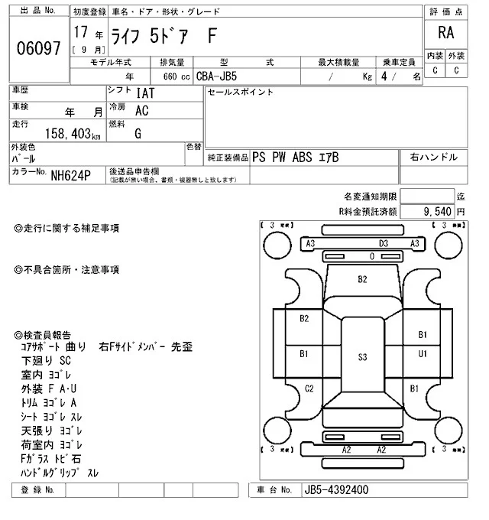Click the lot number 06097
[38, 48]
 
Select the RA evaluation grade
[445, 34]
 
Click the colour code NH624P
[71, 175]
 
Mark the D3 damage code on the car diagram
[384, 244]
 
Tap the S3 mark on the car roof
[362, 356]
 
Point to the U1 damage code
[422, 353]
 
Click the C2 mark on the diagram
[309, 389]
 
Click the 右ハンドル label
[434, 157]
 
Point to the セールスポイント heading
[241, 93]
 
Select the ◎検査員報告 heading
[43, 335]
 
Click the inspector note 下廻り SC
[46, 361]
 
